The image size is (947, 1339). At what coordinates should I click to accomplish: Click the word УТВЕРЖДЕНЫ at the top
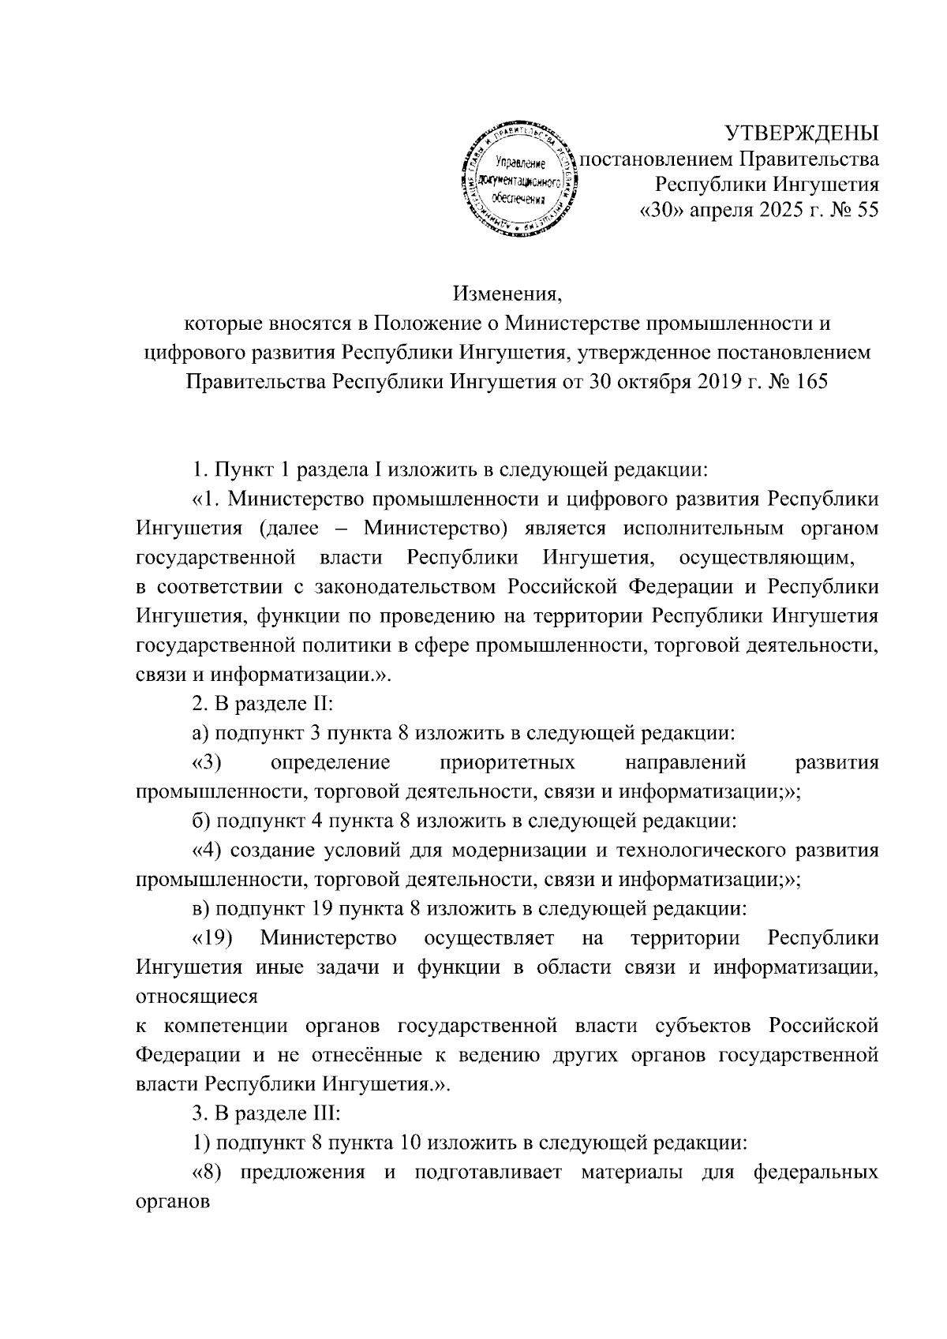tap(802, 132)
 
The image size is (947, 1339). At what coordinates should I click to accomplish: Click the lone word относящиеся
tap(197, 996)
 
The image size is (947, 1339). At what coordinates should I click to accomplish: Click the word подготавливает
tap(483, 1172)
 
